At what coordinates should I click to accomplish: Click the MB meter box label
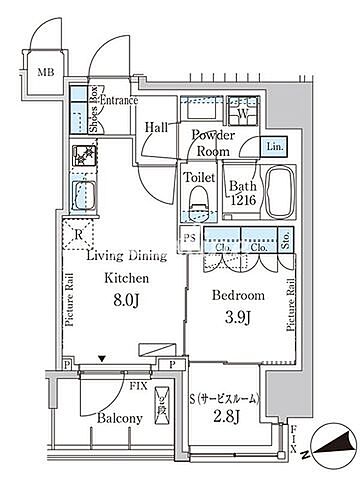(x=46, y=72)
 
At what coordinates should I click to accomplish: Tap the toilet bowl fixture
(x=199, y=204)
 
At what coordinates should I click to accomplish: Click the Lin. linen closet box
(x=274, y=146)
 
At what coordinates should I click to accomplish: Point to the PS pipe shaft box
(x=190, y=239)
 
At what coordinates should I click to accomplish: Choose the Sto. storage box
(x=286, y=239)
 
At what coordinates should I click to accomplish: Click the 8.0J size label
(x=126, y=300)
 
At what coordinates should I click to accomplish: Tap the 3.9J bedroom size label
(x=238, y=317)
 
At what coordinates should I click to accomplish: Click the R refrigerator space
(x=78, y=234)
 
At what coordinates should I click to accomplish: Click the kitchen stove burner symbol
(x=84, y=155)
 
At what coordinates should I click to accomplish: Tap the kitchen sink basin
(x=83, y=196)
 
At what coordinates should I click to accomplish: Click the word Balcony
(x=120, y=418)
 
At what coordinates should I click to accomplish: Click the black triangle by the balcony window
(x=102, y=359)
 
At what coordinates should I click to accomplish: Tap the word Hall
(x=156, y=127)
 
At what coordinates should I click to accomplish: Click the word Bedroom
(x=238, y=295)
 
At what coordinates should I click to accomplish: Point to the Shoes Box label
(x=94, y=109)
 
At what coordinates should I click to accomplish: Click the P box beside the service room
(x=172, y=365)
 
